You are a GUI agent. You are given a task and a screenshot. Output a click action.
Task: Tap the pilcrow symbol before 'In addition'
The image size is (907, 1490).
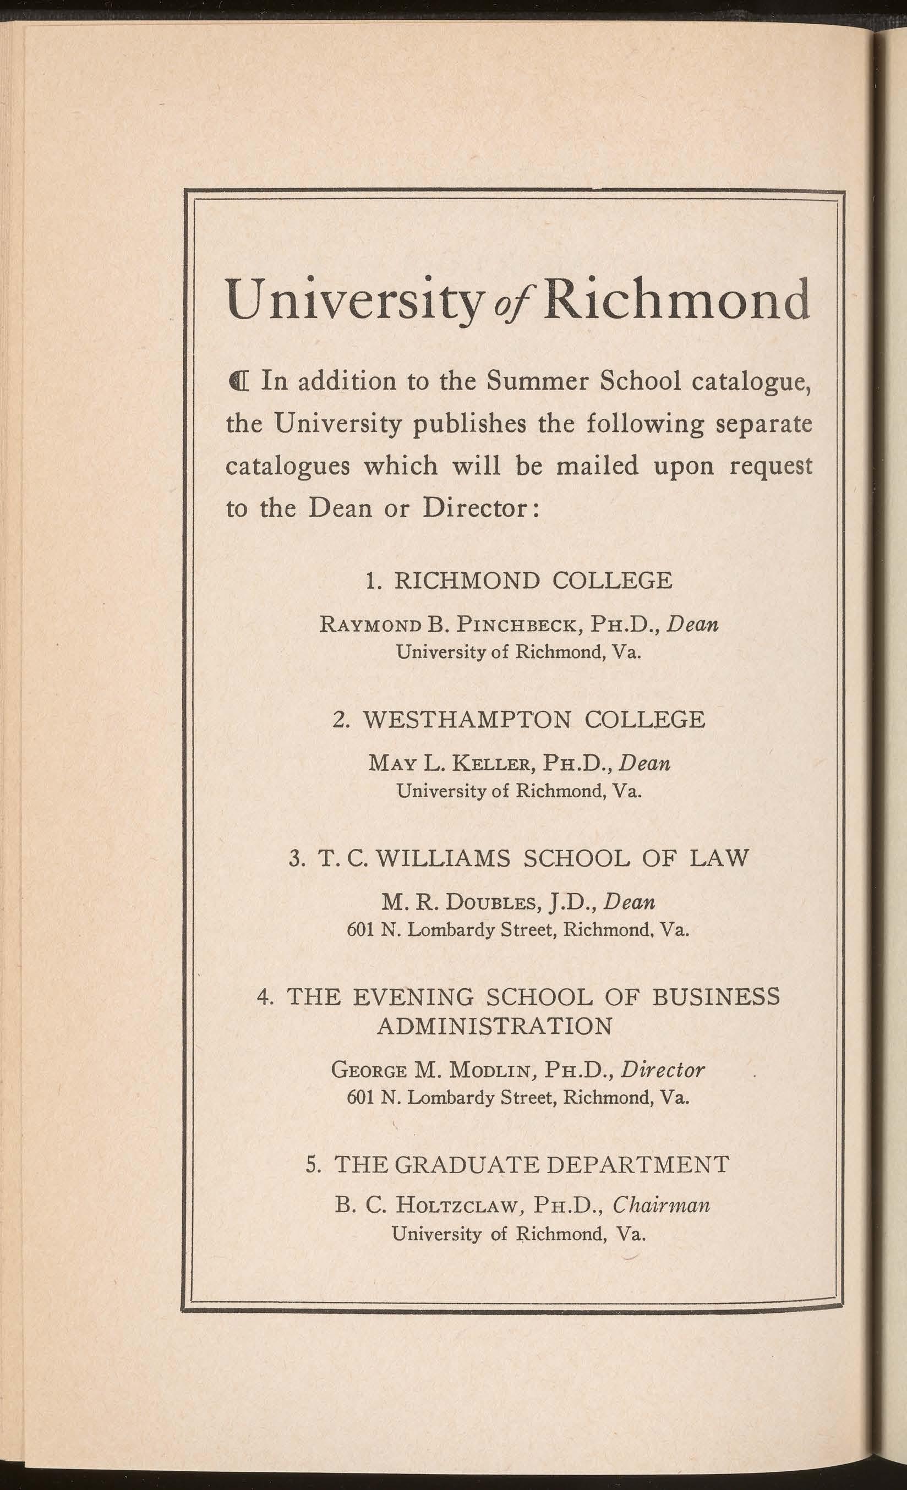(238, 382)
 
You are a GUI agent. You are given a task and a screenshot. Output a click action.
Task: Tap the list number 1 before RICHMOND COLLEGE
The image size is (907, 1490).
(373, 581)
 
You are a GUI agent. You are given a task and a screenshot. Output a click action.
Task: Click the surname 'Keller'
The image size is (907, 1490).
(492, 763)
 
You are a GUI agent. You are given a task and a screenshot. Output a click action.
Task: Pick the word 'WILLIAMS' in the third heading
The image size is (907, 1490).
(442, 859)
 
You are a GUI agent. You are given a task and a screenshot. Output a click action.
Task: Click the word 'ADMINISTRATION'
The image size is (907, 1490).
(494, 1026)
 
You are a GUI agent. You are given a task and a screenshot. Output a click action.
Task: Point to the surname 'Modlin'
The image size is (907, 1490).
(489, 1070)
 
